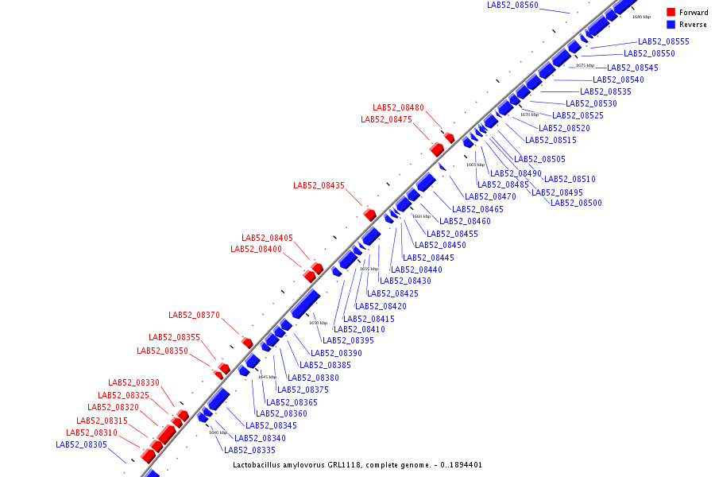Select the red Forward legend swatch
click(x=671, y=13)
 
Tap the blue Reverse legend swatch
click(x=671, y=25)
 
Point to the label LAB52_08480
click(x=398, y=108)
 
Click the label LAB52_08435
click(x=319, y=185)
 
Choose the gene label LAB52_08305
click(x=81, y=444)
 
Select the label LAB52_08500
click(x=576, y=203)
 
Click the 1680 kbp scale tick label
click(x=641, y=16)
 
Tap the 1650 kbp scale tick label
click(x=318, y=323)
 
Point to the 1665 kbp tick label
click(x=475, y=165)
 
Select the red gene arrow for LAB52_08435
click(x=369, y=214)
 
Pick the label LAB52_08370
click(x=194, y=315)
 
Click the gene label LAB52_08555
click(x=663, y=41)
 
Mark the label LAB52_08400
click(x=256, y=249)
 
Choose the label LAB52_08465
click(x=477, y=209)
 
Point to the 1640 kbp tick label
click(x=218, y=432)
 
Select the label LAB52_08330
click(x=133, y=382)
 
